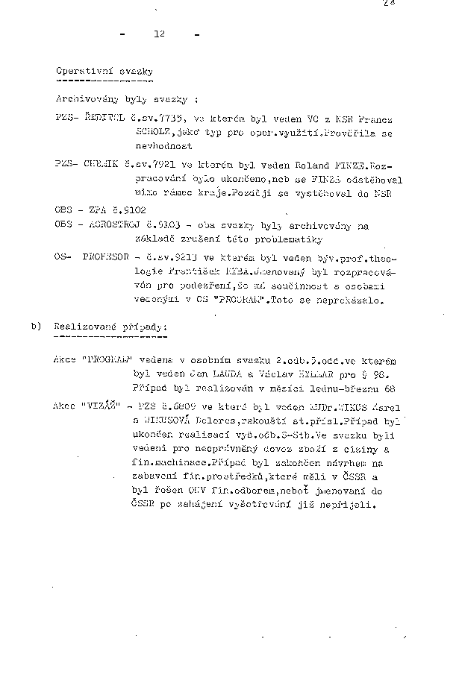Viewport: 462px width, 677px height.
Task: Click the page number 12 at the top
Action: click(158, 34)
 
